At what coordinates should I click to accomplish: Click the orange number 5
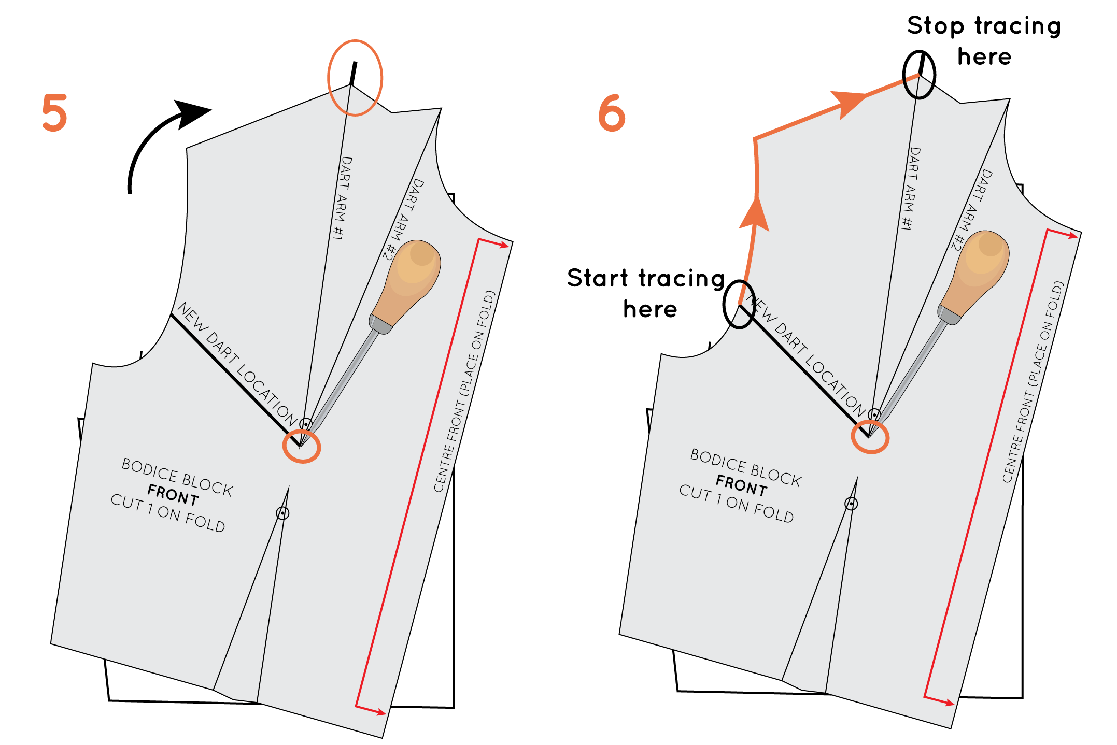(x=54, y=112)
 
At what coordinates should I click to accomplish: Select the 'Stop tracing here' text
(x=984, y=40)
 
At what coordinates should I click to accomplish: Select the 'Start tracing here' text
(x=646, y=293)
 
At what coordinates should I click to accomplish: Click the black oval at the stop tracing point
(x=919, y=75)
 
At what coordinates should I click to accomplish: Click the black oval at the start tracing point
(x=739, y=304)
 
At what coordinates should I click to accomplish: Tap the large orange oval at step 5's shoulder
(x=355, y=78)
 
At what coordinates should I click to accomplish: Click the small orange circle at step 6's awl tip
(x=870, y=437)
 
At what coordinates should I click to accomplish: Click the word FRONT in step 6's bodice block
(x=741, y=485)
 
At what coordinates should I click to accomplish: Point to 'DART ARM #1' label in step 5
(x=342, y=198)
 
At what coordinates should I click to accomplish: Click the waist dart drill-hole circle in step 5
(x=282, y=513)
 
